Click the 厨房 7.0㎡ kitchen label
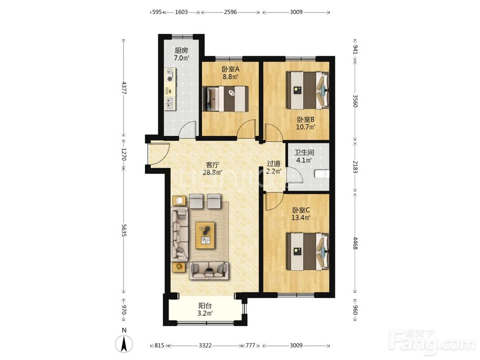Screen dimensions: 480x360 point(181,54)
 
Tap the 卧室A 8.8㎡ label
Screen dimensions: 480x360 point(230,73)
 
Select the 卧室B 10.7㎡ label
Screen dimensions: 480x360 point(305,123)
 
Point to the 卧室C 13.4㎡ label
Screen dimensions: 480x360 point(301,214)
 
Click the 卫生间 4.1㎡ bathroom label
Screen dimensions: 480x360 point(304,156)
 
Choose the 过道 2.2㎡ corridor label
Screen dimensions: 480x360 point(274,168)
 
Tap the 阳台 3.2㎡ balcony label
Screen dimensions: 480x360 point(205,310)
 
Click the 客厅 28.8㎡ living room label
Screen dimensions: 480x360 point(212,168)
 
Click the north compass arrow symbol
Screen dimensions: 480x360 point(124,344)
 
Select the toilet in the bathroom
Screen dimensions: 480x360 point(322,174)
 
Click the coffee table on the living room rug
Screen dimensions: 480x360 point(205,235)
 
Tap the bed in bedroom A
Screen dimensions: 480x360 point(226,98)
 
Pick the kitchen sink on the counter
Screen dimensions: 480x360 point(169,104)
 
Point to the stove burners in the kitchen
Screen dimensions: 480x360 point(170,75)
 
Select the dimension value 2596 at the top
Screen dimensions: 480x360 point(230,12)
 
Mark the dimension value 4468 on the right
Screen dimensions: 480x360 point(355,242)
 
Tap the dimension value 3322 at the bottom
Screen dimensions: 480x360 point(205,346)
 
